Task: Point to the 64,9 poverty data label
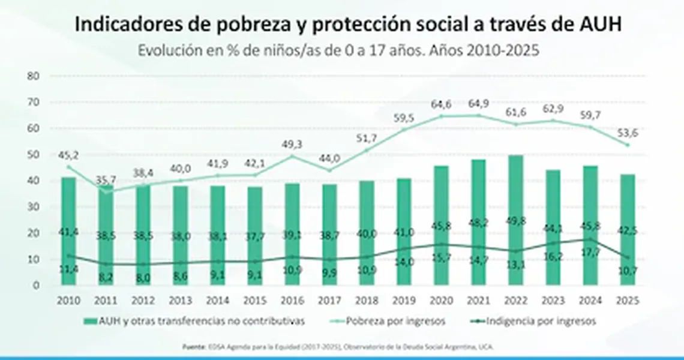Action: click(x=478, y=105)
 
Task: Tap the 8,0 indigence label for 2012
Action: click(x=143, y=278)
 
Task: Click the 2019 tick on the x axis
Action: click(x=403, y=299)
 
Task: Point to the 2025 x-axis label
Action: click(x=627, y=299)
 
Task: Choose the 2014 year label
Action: click(x=217, y=299)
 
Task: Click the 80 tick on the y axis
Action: click(x=34, y=76)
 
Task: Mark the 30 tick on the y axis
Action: click(x=34, y=207)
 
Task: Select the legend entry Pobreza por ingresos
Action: click(x=407, y=321)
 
